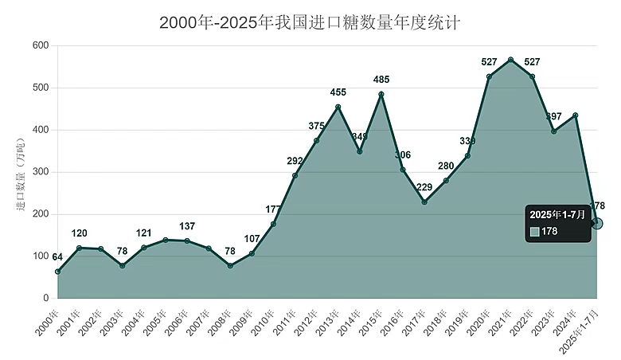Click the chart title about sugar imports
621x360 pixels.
coord(310,22)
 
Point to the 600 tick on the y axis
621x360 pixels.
coord(40,46)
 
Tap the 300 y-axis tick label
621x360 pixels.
coord(40,172)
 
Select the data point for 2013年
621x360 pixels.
coord(338,107)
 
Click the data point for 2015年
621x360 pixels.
coord(381,94)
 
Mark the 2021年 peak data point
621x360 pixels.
coord(510,60)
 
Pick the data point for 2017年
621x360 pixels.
coord(424,202)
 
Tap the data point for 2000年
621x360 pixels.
coord(57,272)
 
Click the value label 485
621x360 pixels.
coord(381,80)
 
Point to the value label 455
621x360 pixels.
coord(338,92)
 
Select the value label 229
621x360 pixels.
coord(424,188)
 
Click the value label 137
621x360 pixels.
coord(187,226)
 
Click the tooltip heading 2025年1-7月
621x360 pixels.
coord(557,215)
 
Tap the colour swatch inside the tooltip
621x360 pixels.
coord(535,232)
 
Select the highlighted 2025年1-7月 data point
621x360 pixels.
coord(596,223)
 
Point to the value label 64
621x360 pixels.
coord(57,257)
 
